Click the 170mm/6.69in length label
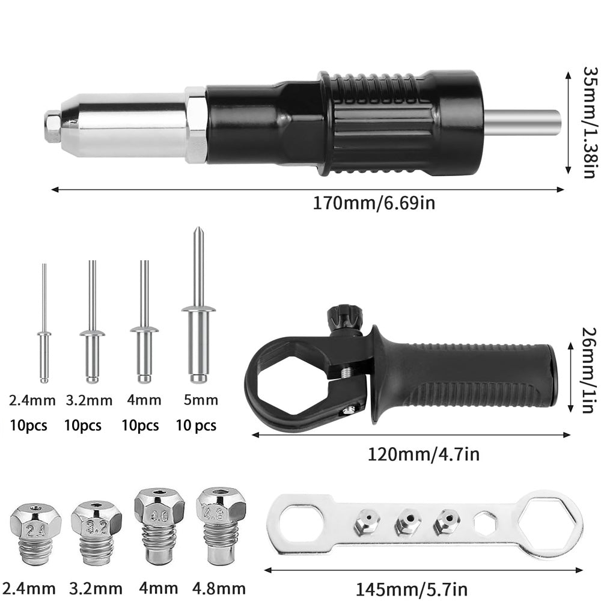pos(374,203)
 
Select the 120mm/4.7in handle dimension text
pos(424,454)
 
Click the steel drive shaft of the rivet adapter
pos(522,122)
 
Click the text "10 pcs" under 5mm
pos(196,426)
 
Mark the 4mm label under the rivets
pos(144,400)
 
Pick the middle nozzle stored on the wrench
pos(407,522)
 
